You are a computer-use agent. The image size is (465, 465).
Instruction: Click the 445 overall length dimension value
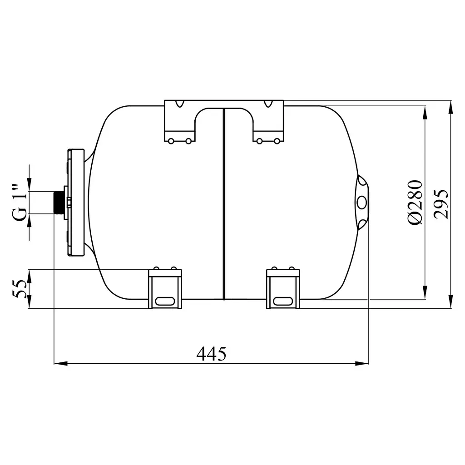(211, 353)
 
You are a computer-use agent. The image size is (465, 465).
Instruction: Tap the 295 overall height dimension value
(440, 204)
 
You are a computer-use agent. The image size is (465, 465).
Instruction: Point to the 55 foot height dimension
(20, 289)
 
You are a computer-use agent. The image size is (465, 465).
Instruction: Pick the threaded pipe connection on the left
(59, 203)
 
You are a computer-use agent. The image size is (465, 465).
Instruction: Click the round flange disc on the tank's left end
(76, 203)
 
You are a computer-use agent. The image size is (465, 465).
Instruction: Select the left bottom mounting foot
(165, 288)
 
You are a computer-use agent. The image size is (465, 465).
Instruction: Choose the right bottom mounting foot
(283, 288)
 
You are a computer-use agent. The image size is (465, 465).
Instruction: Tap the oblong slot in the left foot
(165, 301)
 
